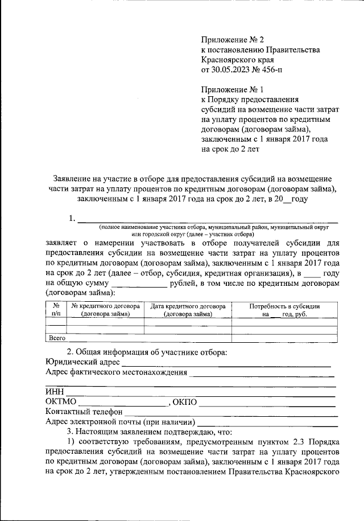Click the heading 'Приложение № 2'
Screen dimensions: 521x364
[233, 39]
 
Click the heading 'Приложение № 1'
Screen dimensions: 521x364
[233, 89]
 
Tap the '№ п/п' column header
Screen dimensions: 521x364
[56, 310]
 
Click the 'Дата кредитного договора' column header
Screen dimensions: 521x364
[188, 310]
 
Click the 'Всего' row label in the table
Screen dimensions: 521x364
[57, 338]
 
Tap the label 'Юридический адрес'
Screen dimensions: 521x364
[82, 362]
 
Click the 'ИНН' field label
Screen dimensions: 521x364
[54, 392]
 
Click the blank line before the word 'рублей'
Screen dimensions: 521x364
[139, 283]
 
